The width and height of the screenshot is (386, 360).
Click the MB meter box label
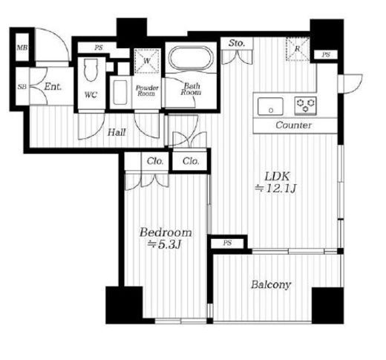pos(22,48)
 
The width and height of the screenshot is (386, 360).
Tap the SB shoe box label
pos(22,87)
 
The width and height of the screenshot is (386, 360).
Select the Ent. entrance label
pos(53,87)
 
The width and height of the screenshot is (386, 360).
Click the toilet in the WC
pos(91,70)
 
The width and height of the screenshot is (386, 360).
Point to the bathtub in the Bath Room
pos(191,59)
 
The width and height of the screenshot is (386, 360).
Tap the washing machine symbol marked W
pos(147,61)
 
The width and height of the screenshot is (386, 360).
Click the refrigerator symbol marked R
pos(298,49)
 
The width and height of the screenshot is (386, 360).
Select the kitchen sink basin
pos(270,106)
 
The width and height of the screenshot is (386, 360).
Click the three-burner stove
pos(306,105)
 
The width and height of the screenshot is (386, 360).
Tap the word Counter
pos(293,125)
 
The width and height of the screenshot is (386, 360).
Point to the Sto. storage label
pos(237,43)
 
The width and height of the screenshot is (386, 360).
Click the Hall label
pos(117,133)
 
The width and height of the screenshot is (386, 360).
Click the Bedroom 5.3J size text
pos(166,238)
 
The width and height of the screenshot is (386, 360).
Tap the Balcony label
pos(271,284)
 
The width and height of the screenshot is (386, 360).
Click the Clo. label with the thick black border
pos(191,161)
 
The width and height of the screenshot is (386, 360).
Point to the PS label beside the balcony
pos(227,243)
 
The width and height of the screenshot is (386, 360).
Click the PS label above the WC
pos(99,48)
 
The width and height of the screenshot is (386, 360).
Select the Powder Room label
pos(147,91)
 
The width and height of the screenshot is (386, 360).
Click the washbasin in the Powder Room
pos(120,92)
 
